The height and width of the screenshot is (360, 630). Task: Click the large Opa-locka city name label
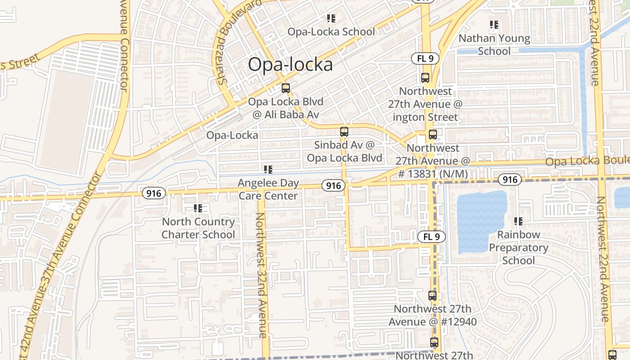pos(290,64)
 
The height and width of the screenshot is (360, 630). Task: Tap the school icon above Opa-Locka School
pos(331,18)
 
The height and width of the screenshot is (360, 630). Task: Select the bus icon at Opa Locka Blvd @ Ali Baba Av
pos(285,88)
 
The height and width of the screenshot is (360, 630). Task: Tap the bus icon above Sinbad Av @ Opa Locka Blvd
pos(344,132)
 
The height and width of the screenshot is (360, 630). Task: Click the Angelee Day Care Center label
pos(268,189)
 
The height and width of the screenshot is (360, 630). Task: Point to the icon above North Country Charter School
pos(198,208)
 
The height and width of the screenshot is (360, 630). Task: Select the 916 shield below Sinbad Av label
pos(333,185)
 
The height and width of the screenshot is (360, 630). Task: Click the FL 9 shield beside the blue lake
pos(432,236)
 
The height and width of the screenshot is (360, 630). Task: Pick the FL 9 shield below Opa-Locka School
pos(425,58)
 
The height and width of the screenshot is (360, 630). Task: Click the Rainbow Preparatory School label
pos(518,247)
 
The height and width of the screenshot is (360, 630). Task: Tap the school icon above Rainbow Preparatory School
pos(518,221)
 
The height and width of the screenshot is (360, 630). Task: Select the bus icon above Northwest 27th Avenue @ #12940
pos(432,296)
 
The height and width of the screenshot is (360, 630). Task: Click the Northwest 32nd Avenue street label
pos(262,274)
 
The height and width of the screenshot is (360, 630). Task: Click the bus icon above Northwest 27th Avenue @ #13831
pos(433,134)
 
